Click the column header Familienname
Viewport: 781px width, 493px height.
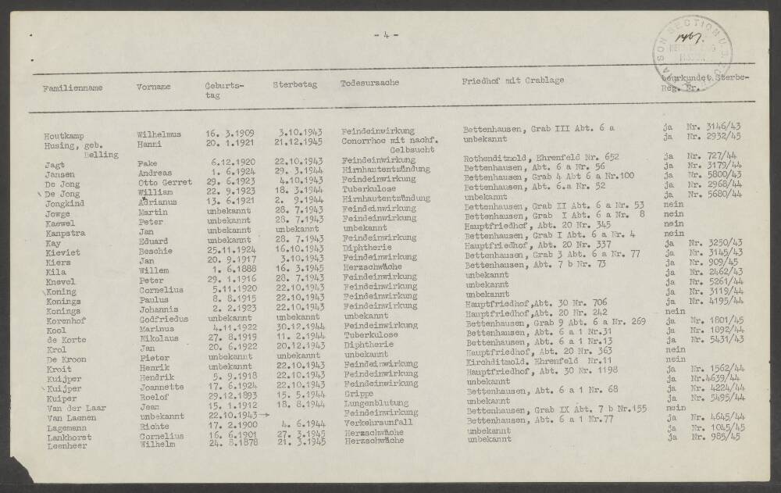[73, 88]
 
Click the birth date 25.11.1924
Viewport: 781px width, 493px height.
[227, 251]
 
